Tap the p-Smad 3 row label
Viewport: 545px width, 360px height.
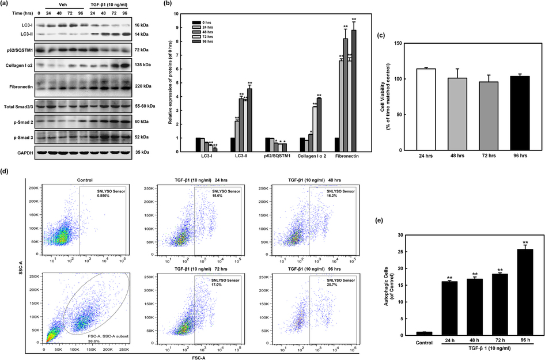pos(17,138)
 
